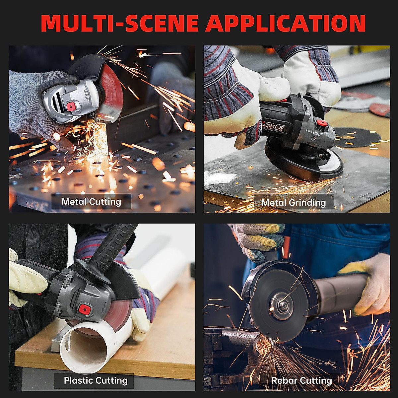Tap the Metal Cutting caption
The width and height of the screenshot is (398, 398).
(x=91, y=202)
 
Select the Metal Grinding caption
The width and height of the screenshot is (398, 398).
(x=294, y=202)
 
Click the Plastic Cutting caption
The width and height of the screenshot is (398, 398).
(x=96, y=380)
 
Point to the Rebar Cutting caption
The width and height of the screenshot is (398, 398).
(x=301, y=380)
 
